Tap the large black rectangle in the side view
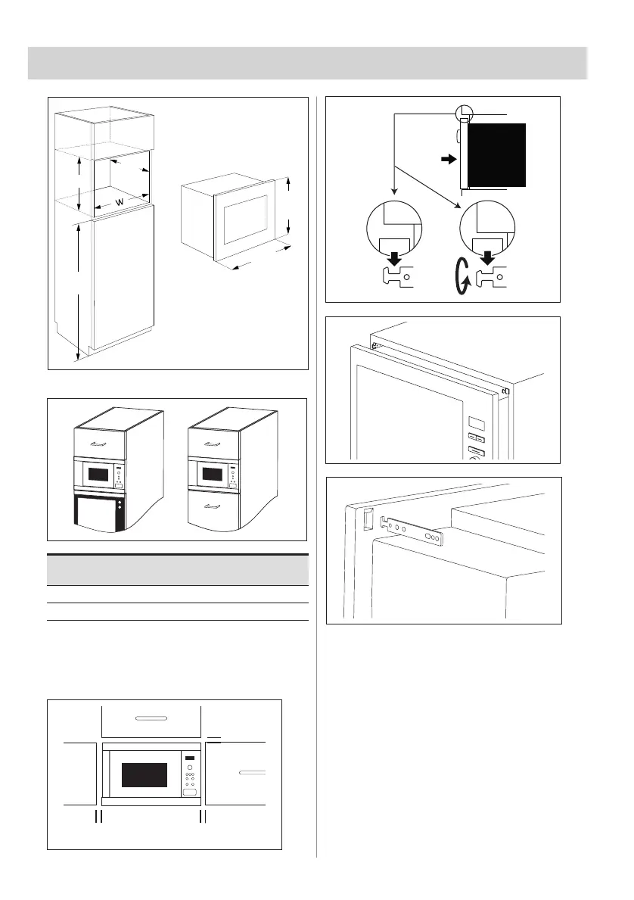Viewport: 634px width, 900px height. [x=496, y=155]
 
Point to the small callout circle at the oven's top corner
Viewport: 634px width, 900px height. [x=464, y=114]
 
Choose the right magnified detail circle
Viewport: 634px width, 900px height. [x=488, y=228]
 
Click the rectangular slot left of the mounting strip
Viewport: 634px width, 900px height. [x=368, y=518]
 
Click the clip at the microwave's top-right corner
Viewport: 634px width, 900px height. [x=505, y=391]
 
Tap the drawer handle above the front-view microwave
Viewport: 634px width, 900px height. [x=151, y=718]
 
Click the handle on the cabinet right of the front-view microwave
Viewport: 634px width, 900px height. [x=253, y=773]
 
